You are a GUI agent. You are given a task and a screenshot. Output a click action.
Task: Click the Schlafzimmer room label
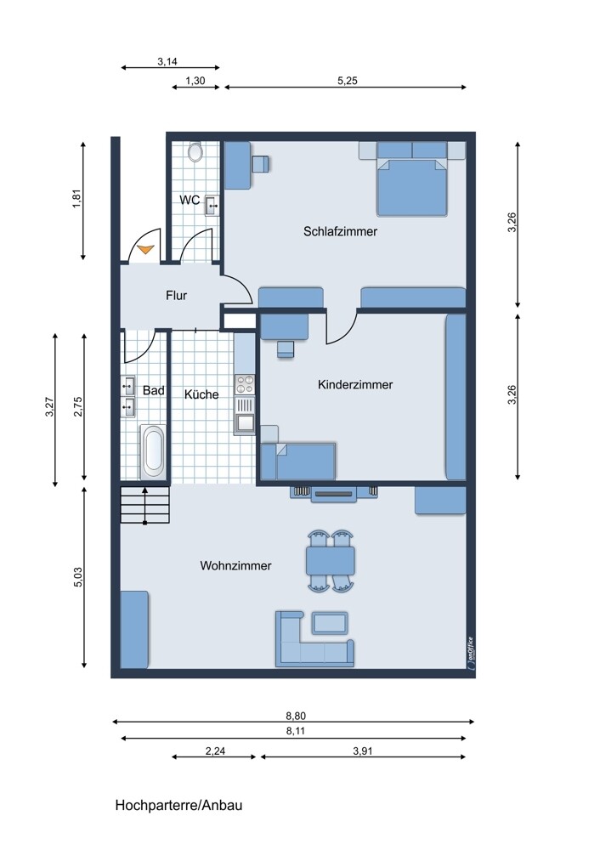tap(340, 231)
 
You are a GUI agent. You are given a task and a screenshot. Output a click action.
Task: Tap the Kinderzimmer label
tap(355, 385)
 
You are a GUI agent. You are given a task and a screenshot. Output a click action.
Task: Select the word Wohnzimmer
tap(235, 565)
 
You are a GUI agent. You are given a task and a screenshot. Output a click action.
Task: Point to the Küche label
tap(201, 394)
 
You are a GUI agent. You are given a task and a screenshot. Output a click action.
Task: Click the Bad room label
tap(154, 390)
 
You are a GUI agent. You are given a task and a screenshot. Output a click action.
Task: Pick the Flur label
tap(176, 296)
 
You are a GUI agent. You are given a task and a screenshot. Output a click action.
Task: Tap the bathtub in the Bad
tap(154, 450)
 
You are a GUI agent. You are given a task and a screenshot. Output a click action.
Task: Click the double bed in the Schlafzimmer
tap(412, 183)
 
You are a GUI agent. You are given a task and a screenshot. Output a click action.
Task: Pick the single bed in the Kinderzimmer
tap(299, 461)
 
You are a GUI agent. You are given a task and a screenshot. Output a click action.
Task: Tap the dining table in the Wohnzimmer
tap(331, 560)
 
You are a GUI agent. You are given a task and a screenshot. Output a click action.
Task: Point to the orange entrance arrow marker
tap(146, 249)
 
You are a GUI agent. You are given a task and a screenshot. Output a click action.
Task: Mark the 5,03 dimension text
tap(79, 578)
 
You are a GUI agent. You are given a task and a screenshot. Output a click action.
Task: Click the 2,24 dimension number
tap(215, 751)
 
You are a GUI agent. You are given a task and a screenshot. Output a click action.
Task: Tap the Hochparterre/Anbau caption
tap(184, 804)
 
